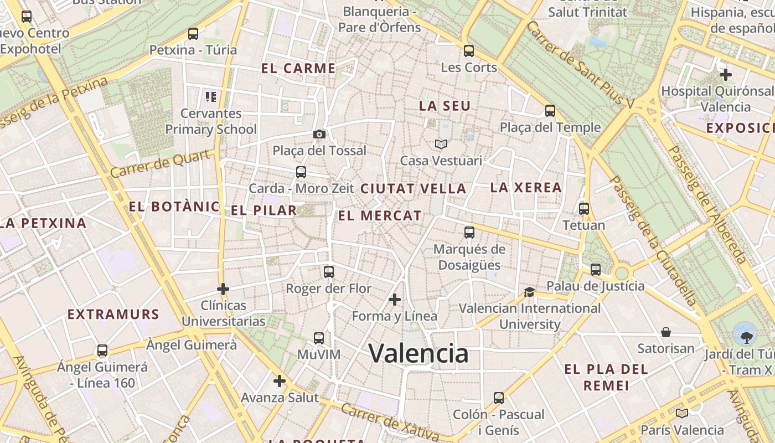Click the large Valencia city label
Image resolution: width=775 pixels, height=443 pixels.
pyautogui.click(x=418, y=353)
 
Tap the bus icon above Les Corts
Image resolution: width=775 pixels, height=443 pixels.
pyautogui.click(x=469, y=51)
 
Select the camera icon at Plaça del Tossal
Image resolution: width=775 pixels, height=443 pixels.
pyautogui.click(x=319, y=134)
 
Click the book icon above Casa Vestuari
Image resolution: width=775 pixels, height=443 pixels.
pyautogui.click(x=441, y=144)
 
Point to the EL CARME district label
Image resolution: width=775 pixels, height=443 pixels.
pyautogui.click(x=298, y=69)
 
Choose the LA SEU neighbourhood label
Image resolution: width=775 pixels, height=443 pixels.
pyautogui.click(x=445, y=106)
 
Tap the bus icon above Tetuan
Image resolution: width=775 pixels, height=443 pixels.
pyautogui.click(x=583, y=209)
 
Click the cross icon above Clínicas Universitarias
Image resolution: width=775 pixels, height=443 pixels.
pyautogui.click(x=223, y=289)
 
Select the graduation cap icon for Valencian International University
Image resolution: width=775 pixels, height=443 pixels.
pyautogui.click(x=529, y=292)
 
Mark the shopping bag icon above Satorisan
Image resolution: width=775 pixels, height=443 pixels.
pyautogui.click(x=666, y=332)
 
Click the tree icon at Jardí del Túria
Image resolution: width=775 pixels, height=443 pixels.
pyautogui.click(x=746, y=336)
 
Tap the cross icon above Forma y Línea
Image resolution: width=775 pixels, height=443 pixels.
pyautogui.click(x=394, y=300)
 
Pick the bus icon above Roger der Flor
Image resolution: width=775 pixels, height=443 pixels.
pyautogui.click(x=329, y=272)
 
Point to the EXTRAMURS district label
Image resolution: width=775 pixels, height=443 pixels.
pyautogui.click(x=113, y=315)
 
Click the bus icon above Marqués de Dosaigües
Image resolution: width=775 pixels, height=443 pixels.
pyautogui.click(x=469, y=233)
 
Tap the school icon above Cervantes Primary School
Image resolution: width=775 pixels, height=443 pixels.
pyautogui.click(x=210, y=97)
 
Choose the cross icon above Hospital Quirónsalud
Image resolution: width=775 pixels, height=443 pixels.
pyautogui.click(x=725, y=74)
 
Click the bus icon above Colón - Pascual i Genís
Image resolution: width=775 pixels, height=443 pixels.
pyautogui.click(x=498, y=398)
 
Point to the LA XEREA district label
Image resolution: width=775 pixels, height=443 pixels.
pyautogui.click(x=526, y=188)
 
